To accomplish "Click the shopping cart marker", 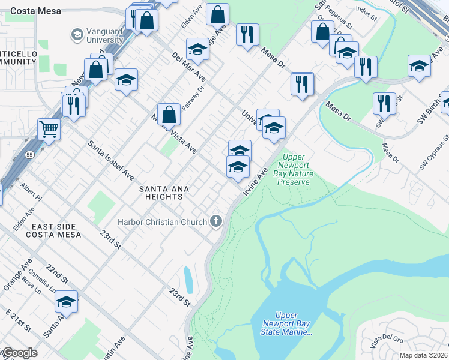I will point(49,128).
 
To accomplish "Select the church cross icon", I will point(216,222).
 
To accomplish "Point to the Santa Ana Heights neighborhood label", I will point(164,193).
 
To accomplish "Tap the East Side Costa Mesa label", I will point(53,230).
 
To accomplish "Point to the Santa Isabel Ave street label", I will point(111,161).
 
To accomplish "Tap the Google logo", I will point(19,353).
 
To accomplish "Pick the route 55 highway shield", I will point(28,155).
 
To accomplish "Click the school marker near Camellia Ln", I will point(67,301).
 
